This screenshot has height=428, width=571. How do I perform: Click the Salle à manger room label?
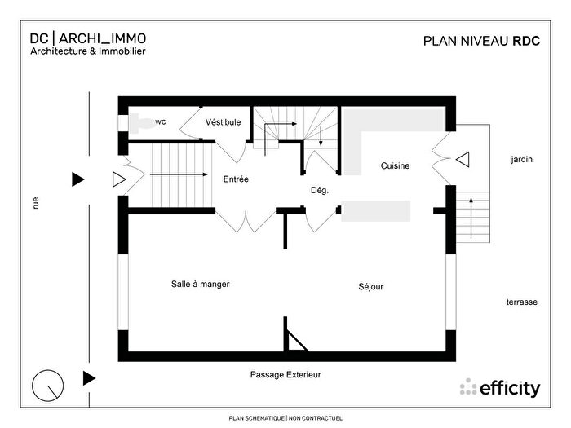200,285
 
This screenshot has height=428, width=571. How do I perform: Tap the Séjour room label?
370,287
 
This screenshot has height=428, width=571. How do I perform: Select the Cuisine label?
395,166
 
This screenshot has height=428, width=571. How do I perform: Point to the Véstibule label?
223,122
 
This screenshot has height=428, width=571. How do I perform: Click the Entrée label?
236,179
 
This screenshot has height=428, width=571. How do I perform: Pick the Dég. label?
319,190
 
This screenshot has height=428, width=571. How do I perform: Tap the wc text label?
161,122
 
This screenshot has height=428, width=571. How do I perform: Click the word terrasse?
521,302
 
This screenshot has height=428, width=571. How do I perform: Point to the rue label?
36,204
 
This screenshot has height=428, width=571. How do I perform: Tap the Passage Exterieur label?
285,375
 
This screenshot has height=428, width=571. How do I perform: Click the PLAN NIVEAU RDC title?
482,40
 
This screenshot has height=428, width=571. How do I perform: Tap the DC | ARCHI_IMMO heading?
88,38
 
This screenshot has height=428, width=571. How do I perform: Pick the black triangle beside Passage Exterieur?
89,377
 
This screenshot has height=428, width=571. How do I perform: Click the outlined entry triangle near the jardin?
463,160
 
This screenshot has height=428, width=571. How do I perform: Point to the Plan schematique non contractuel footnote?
285,418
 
